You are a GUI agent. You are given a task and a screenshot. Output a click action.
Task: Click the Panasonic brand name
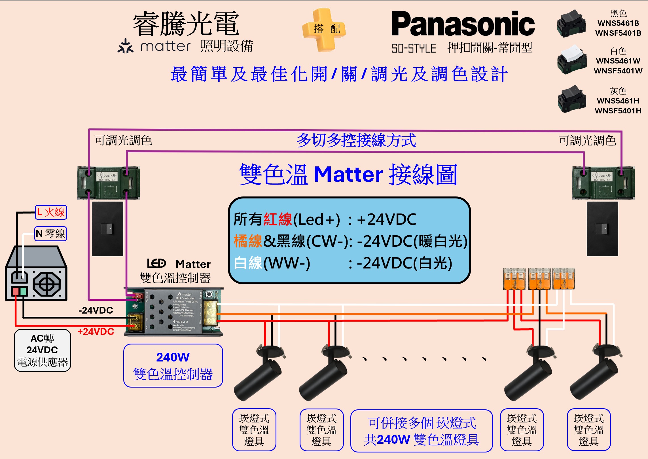(463, 24)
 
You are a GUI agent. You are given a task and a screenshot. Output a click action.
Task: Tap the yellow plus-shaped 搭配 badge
(323, 29)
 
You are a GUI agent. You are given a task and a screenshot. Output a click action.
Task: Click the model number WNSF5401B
(618, 33)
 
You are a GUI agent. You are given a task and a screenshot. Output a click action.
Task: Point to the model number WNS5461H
(618, 101)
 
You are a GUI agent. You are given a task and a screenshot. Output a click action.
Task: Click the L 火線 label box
(51, 212)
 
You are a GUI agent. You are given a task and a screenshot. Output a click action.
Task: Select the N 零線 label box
(51, 234)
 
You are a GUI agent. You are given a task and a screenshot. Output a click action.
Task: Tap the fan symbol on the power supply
(47, 284)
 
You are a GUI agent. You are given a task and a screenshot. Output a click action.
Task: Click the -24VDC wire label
(96, 310)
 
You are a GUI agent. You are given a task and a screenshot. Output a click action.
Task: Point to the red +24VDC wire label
(96, 331)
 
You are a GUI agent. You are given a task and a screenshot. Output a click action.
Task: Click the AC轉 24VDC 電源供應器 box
(43, 350)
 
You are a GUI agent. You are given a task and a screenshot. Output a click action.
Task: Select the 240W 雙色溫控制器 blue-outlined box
(173, 365)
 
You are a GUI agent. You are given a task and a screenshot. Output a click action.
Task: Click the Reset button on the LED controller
(209, 294)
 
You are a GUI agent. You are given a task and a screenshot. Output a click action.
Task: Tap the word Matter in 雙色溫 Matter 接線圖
(348, 174)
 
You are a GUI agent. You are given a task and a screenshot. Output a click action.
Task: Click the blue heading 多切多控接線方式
(356, 140)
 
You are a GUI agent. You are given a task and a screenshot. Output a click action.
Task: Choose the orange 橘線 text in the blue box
(248, 241)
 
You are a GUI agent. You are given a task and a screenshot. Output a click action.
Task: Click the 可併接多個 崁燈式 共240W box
(421, 431)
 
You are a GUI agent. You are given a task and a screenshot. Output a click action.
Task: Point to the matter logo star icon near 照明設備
(125, 46)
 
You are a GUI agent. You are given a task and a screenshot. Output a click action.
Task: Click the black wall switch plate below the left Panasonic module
(107, 229)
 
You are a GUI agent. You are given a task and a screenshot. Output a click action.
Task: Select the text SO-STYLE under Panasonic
(414, 48)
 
